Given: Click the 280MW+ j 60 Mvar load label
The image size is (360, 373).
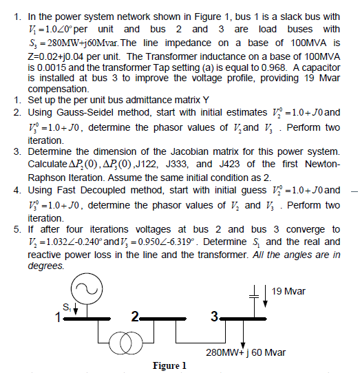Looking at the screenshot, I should point(246,352).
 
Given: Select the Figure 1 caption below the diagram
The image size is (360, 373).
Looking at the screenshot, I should point(169,365).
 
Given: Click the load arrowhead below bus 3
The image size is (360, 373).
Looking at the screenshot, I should point(244,342).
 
